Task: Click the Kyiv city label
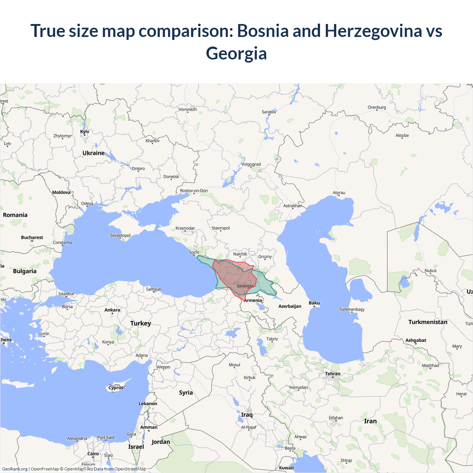coord(85,132)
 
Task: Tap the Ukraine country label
coord(93,153)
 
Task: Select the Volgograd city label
coord(251,164)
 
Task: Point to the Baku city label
coord(314,303)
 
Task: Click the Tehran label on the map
coord(333,374)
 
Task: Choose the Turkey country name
coord(140,323)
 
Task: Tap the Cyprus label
coord(116,388)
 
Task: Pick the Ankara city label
coord(112,310)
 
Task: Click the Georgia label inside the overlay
coord(245,286)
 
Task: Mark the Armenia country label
coord(253,300)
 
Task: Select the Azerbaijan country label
coord(290,306)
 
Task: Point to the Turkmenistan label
coord(428,322)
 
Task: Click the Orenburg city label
coord(377,108)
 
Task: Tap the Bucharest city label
coord(32,238)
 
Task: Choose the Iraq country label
coord(247,415)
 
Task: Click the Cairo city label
coord(93,454)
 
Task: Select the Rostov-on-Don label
coord(194,191)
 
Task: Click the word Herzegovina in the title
coord(373,31)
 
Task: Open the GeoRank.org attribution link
coord(15,469)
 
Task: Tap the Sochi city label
coord(194,252)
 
